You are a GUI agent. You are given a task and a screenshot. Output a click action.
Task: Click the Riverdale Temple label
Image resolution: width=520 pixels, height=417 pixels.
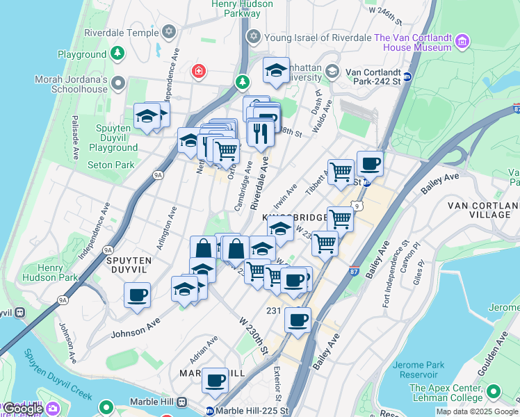pos(121,32)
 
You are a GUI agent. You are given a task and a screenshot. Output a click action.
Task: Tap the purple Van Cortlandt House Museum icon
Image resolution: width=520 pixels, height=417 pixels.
pos(462,43)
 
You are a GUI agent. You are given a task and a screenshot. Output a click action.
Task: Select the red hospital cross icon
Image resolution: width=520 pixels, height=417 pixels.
pos(199,71)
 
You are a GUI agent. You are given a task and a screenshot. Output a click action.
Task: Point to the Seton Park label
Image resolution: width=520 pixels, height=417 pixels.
pos(111,165)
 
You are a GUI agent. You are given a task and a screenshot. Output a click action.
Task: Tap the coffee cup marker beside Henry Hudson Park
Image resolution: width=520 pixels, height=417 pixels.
pos(137,294)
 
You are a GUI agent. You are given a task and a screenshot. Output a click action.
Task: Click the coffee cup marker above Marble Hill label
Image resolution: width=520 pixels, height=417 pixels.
pos(216,380)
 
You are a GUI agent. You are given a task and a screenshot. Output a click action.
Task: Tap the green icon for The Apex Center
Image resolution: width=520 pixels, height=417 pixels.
pos(494,392)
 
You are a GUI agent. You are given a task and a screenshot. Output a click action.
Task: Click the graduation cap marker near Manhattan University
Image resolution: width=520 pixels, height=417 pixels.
pos(276,70)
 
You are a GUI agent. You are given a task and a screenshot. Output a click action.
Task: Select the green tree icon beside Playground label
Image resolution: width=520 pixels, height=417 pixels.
pos(117,53)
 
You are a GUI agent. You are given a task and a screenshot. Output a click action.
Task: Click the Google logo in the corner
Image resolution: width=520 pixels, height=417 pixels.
pos(22,409)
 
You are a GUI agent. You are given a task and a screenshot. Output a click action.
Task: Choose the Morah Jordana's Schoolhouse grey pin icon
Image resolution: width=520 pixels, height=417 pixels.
pos(117,83)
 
